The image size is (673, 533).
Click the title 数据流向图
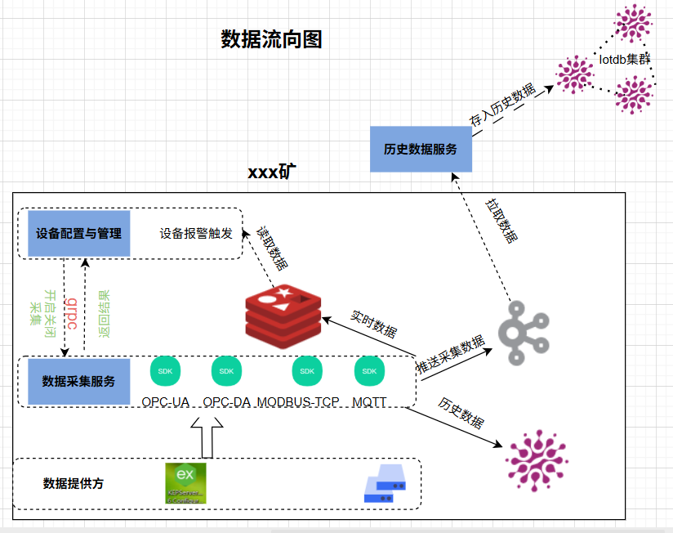tap(271, 39)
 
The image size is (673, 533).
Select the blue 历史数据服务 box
tap(421, 150)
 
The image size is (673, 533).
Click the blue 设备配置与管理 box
tap(78, 234)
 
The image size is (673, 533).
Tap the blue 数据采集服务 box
tap(78, 382)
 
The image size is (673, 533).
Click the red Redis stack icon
tap(283, 316)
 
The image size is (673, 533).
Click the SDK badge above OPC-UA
tap(166, 371)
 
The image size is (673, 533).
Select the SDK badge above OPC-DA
tap(226, 371)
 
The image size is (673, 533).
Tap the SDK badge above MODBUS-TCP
tap(307, 371)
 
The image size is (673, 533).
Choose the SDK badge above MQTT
tap(369, 371)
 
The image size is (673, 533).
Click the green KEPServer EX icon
tap(185, 483)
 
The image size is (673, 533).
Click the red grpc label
tap(71, 311)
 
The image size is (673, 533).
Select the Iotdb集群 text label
tap(625, 60)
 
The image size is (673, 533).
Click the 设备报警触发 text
tap(196, 234)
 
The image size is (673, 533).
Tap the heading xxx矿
tap(272, 173)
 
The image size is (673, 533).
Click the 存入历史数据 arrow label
tap(502, 105)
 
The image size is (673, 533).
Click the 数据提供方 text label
tap(74, 484)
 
